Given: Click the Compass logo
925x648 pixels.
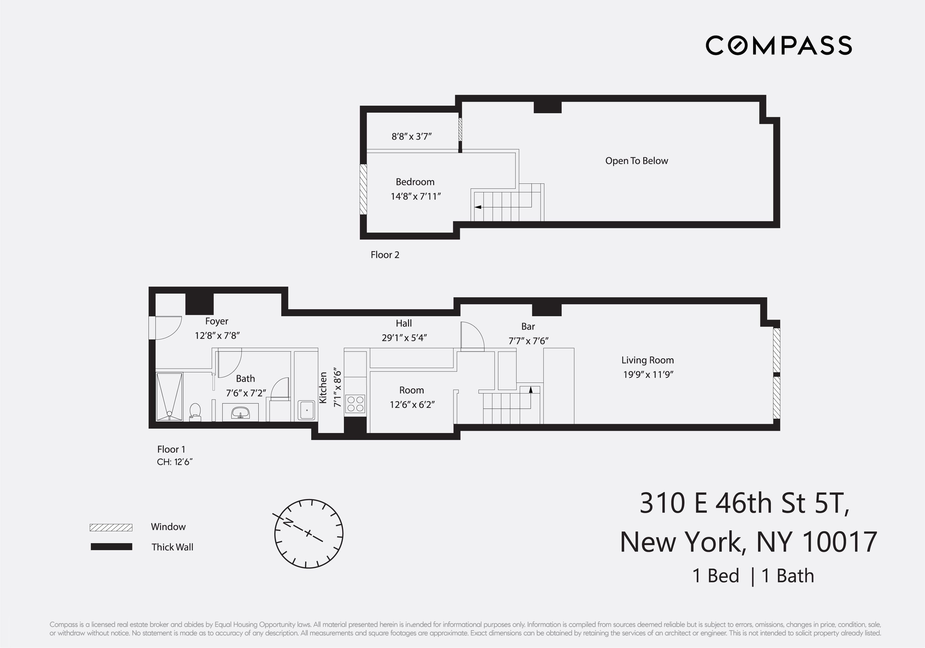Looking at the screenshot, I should pos(778,45).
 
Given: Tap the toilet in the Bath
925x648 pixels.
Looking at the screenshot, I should pos(195,411).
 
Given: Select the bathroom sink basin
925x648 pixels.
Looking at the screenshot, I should pos(241,412).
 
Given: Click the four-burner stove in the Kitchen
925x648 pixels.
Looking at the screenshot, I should pos(355,404).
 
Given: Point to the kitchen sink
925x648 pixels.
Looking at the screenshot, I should pos(307,410).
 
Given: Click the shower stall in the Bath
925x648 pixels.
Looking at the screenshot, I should pos(169,396).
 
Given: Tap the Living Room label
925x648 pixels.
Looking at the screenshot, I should pos(647,360).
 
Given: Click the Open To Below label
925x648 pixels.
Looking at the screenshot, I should pos(637,161).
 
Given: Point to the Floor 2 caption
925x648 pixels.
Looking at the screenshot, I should pos(385,255).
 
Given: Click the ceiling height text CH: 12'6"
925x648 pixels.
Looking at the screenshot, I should pos(174,462).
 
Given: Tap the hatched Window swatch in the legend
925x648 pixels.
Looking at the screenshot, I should pos(111,528).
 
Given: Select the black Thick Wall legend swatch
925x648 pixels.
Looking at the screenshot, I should pos(111,547).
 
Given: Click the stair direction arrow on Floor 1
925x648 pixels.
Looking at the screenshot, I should pos(531,390).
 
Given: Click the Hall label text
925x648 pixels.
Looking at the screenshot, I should pos(404,323).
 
